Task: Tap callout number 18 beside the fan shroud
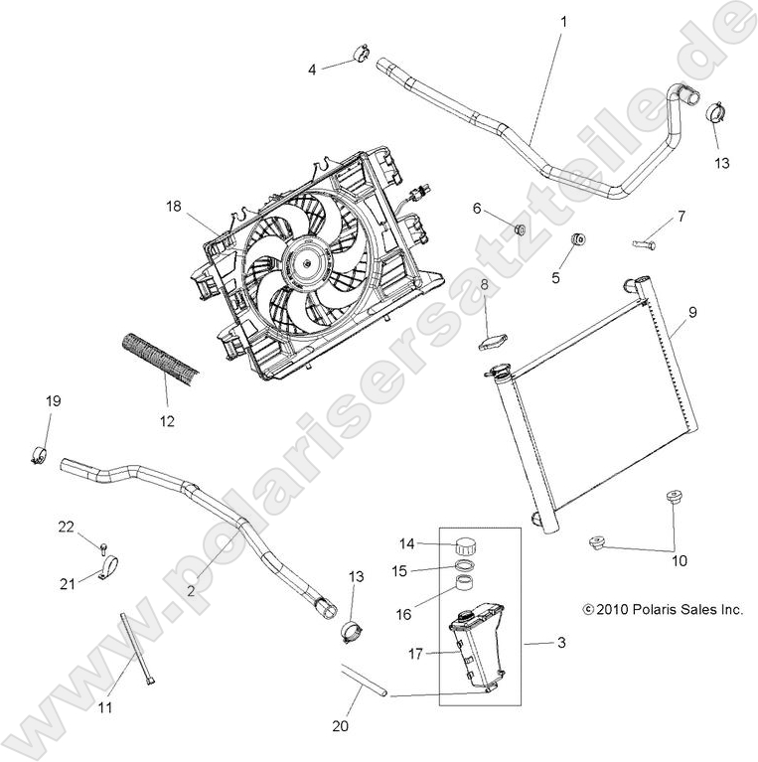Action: point(174,207)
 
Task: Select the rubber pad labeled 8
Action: point(491,343)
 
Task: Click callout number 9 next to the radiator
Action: point(692,312)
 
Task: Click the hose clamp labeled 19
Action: point(41,456)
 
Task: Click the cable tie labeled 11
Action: point(138,656)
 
